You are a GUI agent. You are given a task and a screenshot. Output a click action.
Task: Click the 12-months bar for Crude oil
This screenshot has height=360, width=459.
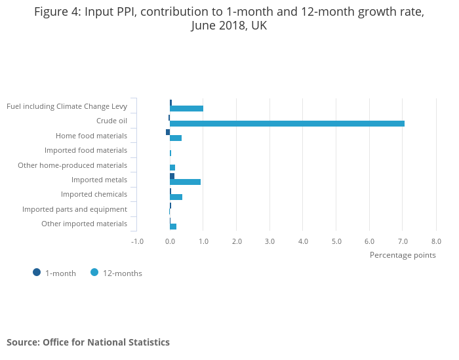pos(287,123)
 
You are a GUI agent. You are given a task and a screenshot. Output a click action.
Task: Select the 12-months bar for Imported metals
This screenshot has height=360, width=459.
pos(185,182)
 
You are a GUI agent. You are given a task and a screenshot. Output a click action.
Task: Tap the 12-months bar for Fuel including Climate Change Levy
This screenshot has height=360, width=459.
pos(186,108)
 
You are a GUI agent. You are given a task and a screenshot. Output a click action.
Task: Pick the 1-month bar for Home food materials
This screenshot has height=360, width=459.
pos(168,132)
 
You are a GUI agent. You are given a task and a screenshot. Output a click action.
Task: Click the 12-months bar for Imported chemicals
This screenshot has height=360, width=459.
pos(176,197)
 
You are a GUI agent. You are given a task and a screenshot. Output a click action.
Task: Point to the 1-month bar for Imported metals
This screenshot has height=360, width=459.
pos(172,176)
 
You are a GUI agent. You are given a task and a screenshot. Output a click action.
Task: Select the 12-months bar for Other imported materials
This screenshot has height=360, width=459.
pos(173,226)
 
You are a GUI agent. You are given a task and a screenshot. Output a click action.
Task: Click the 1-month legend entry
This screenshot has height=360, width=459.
pos(55,273)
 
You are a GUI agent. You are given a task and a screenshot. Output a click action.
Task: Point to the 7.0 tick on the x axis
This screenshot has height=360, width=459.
pos(403,241)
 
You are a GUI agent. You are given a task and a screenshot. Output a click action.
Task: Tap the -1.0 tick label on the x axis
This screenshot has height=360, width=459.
pos(137,241)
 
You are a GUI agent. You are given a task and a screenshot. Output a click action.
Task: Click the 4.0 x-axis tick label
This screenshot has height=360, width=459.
pos(303,241)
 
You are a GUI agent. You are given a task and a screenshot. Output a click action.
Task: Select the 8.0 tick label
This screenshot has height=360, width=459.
pos(436,241)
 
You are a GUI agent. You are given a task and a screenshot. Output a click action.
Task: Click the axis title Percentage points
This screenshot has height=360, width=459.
pos(403,255)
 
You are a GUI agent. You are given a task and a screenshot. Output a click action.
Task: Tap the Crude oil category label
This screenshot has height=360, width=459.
pos(111,121)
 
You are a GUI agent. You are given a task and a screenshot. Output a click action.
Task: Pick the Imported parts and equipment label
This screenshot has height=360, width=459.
pos(75,209)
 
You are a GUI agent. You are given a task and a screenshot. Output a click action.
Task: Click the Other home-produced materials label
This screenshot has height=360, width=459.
pos(72,165)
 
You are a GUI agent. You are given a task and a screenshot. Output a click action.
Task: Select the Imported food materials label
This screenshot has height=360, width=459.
pos(86,150)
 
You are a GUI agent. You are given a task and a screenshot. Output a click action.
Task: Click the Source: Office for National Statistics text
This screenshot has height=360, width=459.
pos(88,342)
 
